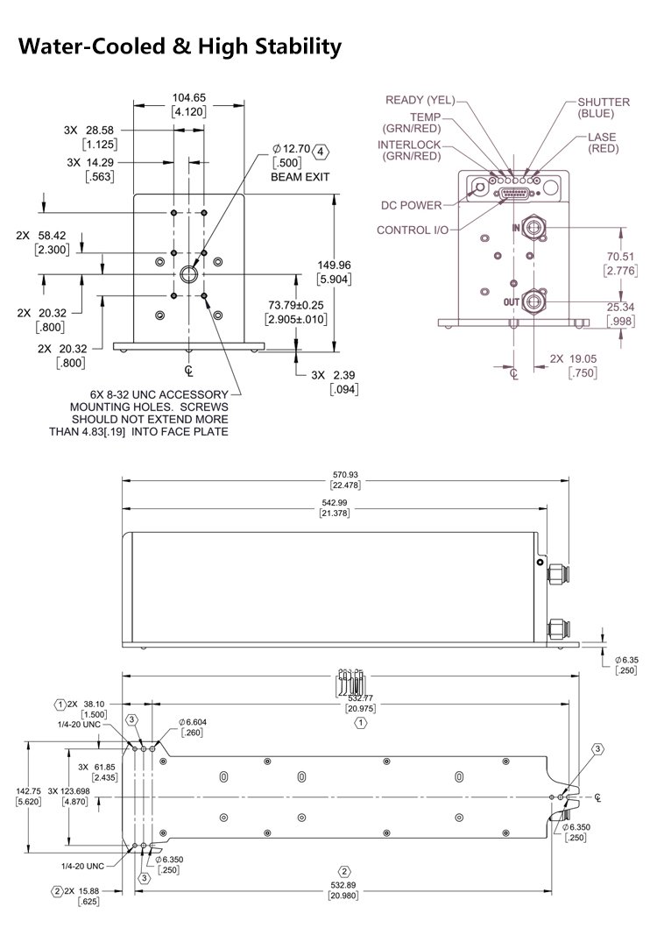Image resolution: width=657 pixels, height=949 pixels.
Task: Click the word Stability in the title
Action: (289, 46)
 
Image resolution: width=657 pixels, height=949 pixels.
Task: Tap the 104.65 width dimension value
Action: (188, 97)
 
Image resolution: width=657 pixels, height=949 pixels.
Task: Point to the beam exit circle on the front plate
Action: (189, 275)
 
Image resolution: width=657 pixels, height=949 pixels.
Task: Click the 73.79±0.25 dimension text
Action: (295, 305)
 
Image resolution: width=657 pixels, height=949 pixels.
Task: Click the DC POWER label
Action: (411, 206)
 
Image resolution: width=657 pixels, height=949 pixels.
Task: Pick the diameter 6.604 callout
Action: (194, 721)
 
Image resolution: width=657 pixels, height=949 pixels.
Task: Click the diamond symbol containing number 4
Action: (320, 151)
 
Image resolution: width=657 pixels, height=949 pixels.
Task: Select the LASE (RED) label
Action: (603, 143)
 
